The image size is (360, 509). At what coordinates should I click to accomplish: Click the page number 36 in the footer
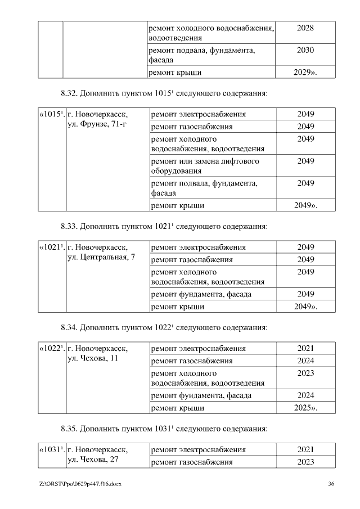pyautogui.click(x=331, y=484)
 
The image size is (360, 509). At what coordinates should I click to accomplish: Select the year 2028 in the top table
pyautogui.click(x=304, y=29)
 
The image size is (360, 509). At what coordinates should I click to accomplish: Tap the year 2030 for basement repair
pyautogui.click(x=304, y=51)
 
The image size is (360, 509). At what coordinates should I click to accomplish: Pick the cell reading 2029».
pyautogui.click(x=305, y=73)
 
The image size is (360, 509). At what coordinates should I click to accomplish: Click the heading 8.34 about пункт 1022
pyautogui.click(x=163, y=327)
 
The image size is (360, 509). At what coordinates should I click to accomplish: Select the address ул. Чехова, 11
pyautogui.click(x=93, y=358)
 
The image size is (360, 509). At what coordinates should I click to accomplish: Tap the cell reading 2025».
pyautogui.click(x=305, y=408)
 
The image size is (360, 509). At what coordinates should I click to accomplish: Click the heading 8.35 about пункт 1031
pyautogui.click(x=163, y=428)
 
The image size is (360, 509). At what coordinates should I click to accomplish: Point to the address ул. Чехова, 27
pyautogui.click(x=93, y=460)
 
